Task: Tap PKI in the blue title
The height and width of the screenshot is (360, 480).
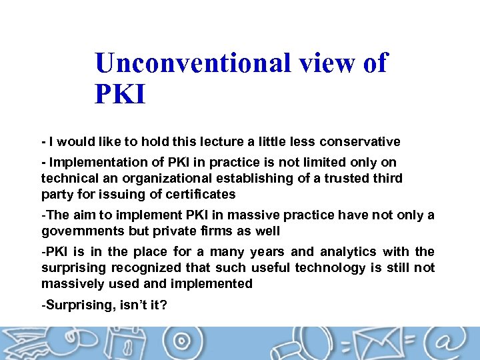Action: click(120, 94)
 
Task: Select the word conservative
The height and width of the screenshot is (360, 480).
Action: click(360, 141)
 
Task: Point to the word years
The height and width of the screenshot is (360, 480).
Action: click(268, 252)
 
